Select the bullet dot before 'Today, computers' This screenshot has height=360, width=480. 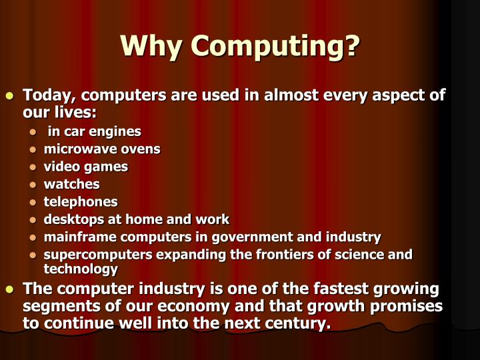click(x=10, y=96)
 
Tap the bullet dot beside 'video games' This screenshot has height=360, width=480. click(x=34, y=167)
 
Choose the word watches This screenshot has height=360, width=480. click(x=71, y=183)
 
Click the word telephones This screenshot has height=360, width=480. click(x=80, y=201)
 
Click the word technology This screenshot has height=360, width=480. click(x=80, y=269)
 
